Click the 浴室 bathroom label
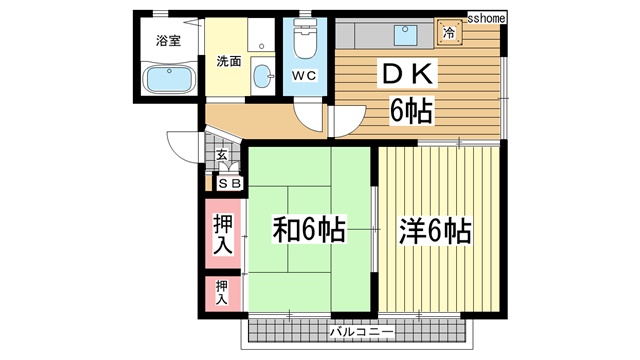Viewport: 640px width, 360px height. tap(168, 41)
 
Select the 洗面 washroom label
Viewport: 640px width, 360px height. tap(229, 61)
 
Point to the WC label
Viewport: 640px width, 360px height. tap(305, 75)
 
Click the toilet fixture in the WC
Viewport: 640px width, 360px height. tap(304, 42)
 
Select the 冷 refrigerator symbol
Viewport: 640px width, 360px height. tap(449, 34)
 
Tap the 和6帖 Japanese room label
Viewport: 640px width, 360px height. tap(310, 231)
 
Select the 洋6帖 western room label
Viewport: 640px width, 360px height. tap(436, 231)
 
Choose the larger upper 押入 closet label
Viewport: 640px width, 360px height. tap(222, 233)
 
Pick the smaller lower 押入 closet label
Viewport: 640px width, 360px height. tap(222, 291)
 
